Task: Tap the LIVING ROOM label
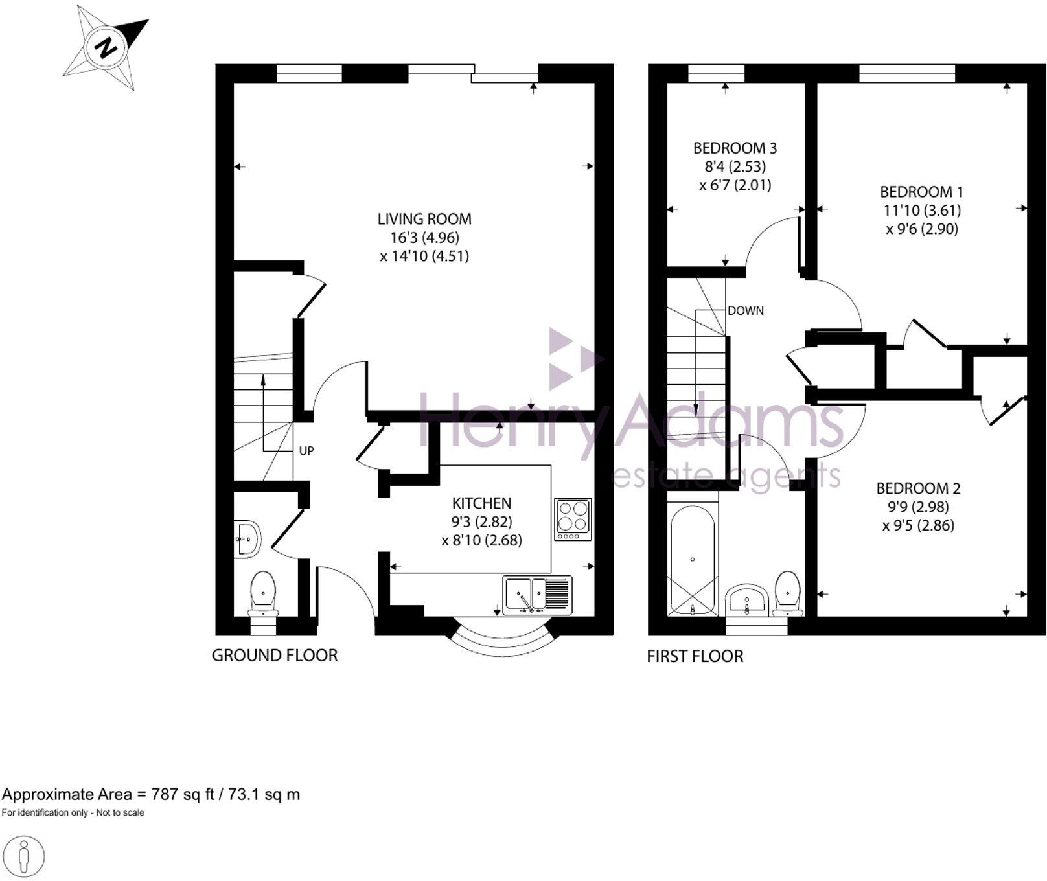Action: tap(424, 219)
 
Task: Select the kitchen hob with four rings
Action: tap(573, 519)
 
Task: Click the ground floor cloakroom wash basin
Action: tap(247, 538)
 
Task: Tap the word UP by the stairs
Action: tap(306, 451)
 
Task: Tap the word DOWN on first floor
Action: tap(745, 310)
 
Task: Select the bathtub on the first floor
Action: tap(693, 561)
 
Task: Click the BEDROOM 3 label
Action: tap(735, 148)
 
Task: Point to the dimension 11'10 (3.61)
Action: tap(921, 210)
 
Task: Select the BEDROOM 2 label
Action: tap(918, 488)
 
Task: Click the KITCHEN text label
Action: tap(481, 503)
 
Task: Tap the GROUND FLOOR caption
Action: tap(275, 656)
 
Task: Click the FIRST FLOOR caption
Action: tap(695, 656)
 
